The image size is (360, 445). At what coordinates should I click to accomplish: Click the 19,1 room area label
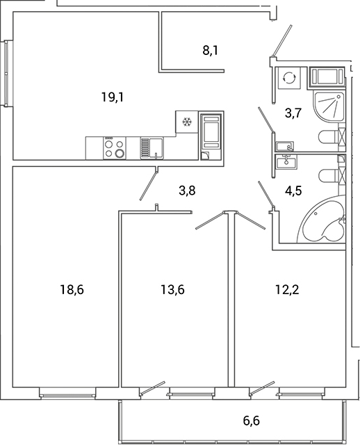click(113, 98)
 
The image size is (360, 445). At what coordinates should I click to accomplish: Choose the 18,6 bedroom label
click(72, 289)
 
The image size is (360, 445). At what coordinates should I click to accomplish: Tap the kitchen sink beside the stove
click(152, 147)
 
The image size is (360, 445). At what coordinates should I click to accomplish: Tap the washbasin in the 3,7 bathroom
click(285, 146)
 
